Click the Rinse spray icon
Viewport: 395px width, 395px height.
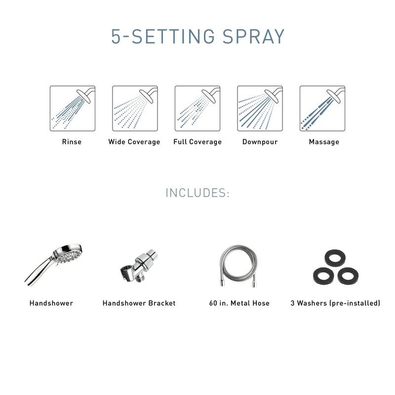pos(72,109)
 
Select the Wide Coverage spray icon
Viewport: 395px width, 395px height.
pos(134,109)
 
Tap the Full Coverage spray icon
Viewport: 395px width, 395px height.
pos(197,109)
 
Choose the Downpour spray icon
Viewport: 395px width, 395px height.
pos(260,109)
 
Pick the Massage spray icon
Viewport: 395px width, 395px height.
pos(322,109)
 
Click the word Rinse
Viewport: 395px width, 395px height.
pos(72,142)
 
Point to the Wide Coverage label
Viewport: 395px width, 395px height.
pos(134,142)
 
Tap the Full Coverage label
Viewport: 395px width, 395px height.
pos(197,142)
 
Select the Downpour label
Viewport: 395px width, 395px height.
pos(260,142)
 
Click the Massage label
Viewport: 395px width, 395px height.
pos(324,142)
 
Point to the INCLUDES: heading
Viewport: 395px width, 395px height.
pos(197,193)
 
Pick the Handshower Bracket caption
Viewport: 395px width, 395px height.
pos(139,303)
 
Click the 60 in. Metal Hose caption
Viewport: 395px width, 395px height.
pos(239,303)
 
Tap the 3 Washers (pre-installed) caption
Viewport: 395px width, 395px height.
pos(335,303)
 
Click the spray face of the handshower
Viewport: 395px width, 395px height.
pos(70,257)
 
